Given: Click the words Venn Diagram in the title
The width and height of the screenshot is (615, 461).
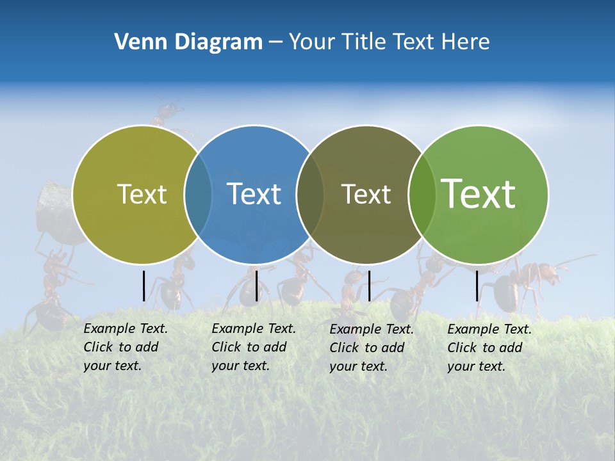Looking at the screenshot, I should click(x=188, y=42).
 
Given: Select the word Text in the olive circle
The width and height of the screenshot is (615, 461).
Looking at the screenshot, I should click(x=142, y=194).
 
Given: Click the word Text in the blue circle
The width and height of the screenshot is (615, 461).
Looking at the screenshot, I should click(x=254, y=194).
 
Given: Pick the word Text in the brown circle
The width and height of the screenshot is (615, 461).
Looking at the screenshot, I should click(x=366, y=194).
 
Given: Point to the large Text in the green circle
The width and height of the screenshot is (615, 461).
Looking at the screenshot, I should click(x=479, y=193).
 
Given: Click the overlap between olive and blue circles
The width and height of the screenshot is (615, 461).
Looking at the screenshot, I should click(x=198, y=195).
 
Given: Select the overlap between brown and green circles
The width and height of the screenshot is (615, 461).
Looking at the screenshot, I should click(x=422, y=195).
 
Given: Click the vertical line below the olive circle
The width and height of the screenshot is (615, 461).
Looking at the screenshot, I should click(x=144, y=286).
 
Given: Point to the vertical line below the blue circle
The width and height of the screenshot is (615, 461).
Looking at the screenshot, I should click(x=256, y=286).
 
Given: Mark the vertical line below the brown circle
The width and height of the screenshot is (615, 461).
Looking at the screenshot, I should click(x=369, y=286).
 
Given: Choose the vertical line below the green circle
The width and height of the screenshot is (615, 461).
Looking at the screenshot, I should click(x=477, y=286).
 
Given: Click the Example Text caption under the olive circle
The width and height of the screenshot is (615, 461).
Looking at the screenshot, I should click(x=125, y=347).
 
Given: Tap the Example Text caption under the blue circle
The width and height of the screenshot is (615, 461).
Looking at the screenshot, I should click(x=253, y=347).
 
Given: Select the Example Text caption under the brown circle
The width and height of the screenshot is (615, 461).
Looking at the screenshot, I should click(x=371, y=348).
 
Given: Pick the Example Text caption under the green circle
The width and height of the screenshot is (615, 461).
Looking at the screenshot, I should click(x=489, y=348).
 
